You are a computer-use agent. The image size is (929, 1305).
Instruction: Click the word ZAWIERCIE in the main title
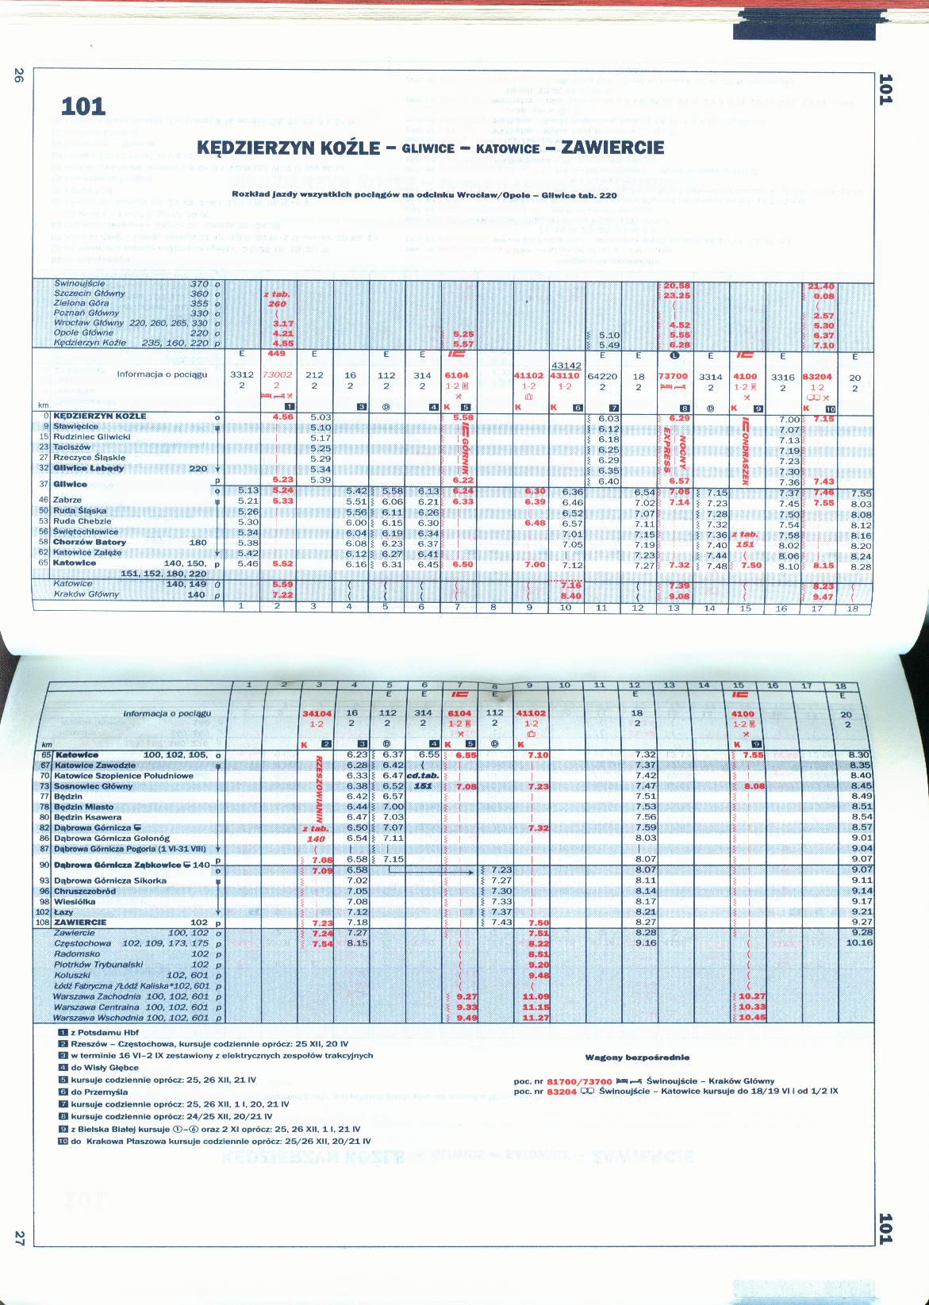coord(612,148)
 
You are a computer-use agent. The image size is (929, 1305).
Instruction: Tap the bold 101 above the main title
coord(83,106)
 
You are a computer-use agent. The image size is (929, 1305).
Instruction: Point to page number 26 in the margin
coord(18,76)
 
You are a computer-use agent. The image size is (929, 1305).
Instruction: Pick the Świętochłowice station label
coord(86,532)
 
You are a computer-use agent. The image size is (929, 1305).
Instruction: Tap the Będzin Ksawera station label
coord(88,817)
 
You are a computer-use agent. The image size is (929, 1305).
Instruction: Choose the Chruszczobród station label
coord(85,891)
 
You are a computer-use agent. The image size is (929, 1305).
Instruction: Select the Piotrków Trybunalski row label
coord(98,965)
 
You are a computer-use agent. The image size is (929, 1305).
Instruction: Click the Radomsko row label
coord(77,954)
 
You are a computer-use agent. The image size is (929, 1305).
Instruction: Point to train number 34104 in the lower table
coord(317,714)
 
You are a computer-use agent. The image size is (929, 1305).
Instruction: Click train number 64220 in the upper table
coord(603,377)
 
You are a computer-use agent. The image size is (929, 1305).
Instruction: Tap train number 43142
coord(566,366)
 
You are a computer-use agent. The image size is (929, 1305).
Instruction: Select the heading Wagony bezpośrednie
coord(638,1057)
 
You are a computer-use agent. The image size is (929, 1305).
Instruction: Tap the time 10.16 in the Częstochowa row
coord(859,943)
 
